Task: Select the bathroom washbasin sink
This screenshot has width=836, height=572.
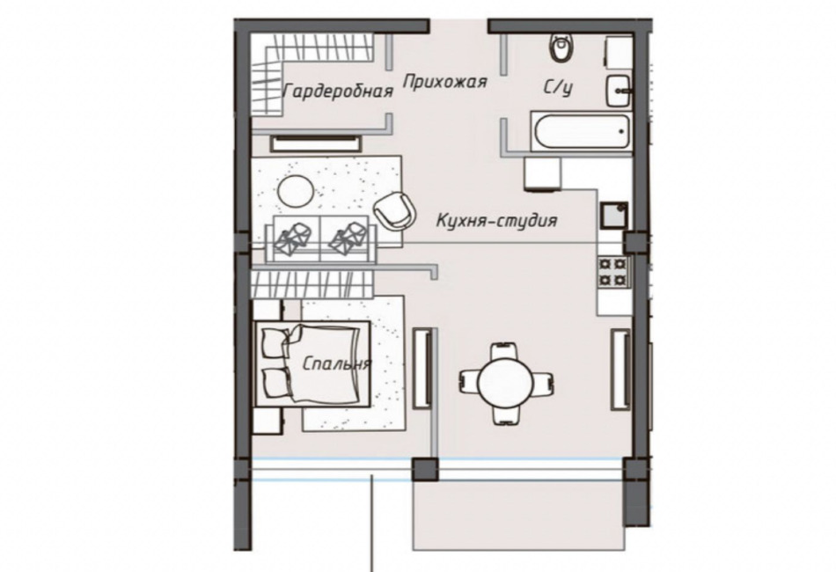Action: click(619, 92)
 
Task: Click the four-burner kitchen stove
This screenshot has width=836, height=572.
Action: click(614, 272)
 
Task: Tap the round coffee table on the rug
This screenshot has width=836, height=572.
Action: click(296, 192)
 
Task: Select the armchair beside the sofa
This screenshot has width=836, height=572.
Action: click(395, 210)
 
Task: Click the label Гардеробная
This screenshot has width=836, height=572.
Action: click(338, 92)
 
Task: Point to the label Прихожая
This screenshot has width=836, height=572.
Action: click(444, 82)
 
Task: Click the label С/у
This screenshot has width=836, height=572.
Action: click(558, 87)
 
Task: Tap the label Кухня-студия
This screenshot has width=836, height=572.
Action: click(496, 220)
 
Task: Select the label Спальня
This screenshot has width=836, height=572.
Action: click(336, 363)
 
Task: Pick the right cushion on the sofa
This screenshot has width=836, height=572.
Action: click(348, 238)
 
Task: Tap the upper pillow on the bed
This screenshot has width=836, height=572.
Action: click(276, 343)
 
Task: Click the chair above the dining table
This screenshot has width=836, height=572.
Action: click(504, 350)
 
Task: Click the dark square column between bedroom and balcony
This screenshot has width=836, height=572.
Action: click(425, 470)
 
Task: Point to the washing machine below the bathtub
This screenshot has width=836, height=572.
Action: click(542, 173)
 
